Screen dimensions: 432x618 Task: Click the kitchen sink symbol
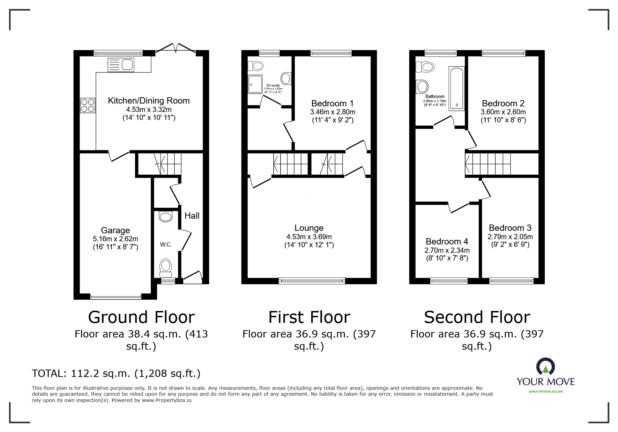pos(121,65)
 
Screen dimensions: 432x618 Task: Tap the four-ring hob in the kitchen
pos(88,106)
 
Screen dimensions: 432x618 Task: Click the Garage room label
pos(115,230)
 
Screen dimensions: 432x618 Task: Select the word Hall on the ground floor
pos(192,216)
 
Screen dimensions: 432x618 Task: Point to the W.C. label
pos(166,244)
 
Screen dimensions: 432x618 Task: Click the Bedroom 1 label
pos(332,103)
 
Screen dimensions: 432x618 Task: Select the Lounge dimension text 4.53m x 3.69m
pos(309,237)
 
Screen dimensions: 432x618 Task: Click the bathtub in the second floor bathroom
pos(456,89)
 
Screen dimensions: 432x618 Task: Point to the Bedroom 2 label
pos(503,103)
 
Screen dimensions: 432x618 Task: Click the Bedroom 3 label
pos(510,228)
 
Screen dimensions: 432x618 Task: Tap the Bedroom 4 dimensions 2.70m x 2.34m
pos(447,250)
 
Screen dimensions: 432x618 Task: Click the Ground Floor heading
pos(141,317)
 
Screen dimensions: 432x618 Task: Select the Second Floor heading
pos(477,317)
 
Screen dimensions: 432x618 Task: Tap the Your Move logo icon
pos(545,366)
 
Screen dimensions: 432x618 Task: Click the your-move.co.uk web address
pos(545,391)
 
